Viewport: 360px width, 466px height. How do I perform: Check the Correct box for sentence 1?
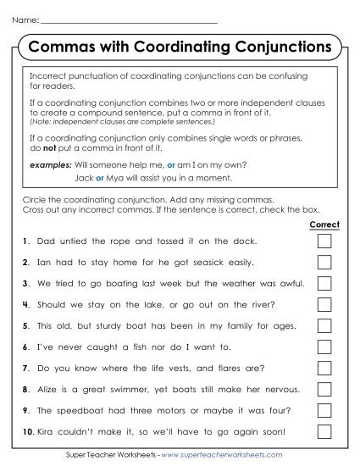324,241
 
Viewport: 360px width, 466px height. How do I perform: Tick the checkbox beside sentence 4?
324,304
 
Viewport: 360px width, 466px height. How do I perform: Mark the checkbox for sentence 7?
324,368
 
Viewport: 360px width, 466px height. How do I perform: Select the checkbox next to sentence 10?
324,431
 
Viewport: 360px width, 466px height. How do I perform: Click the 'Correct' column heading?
324,225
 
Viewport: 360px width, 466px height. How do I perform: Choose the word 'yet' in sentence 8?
161,389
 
